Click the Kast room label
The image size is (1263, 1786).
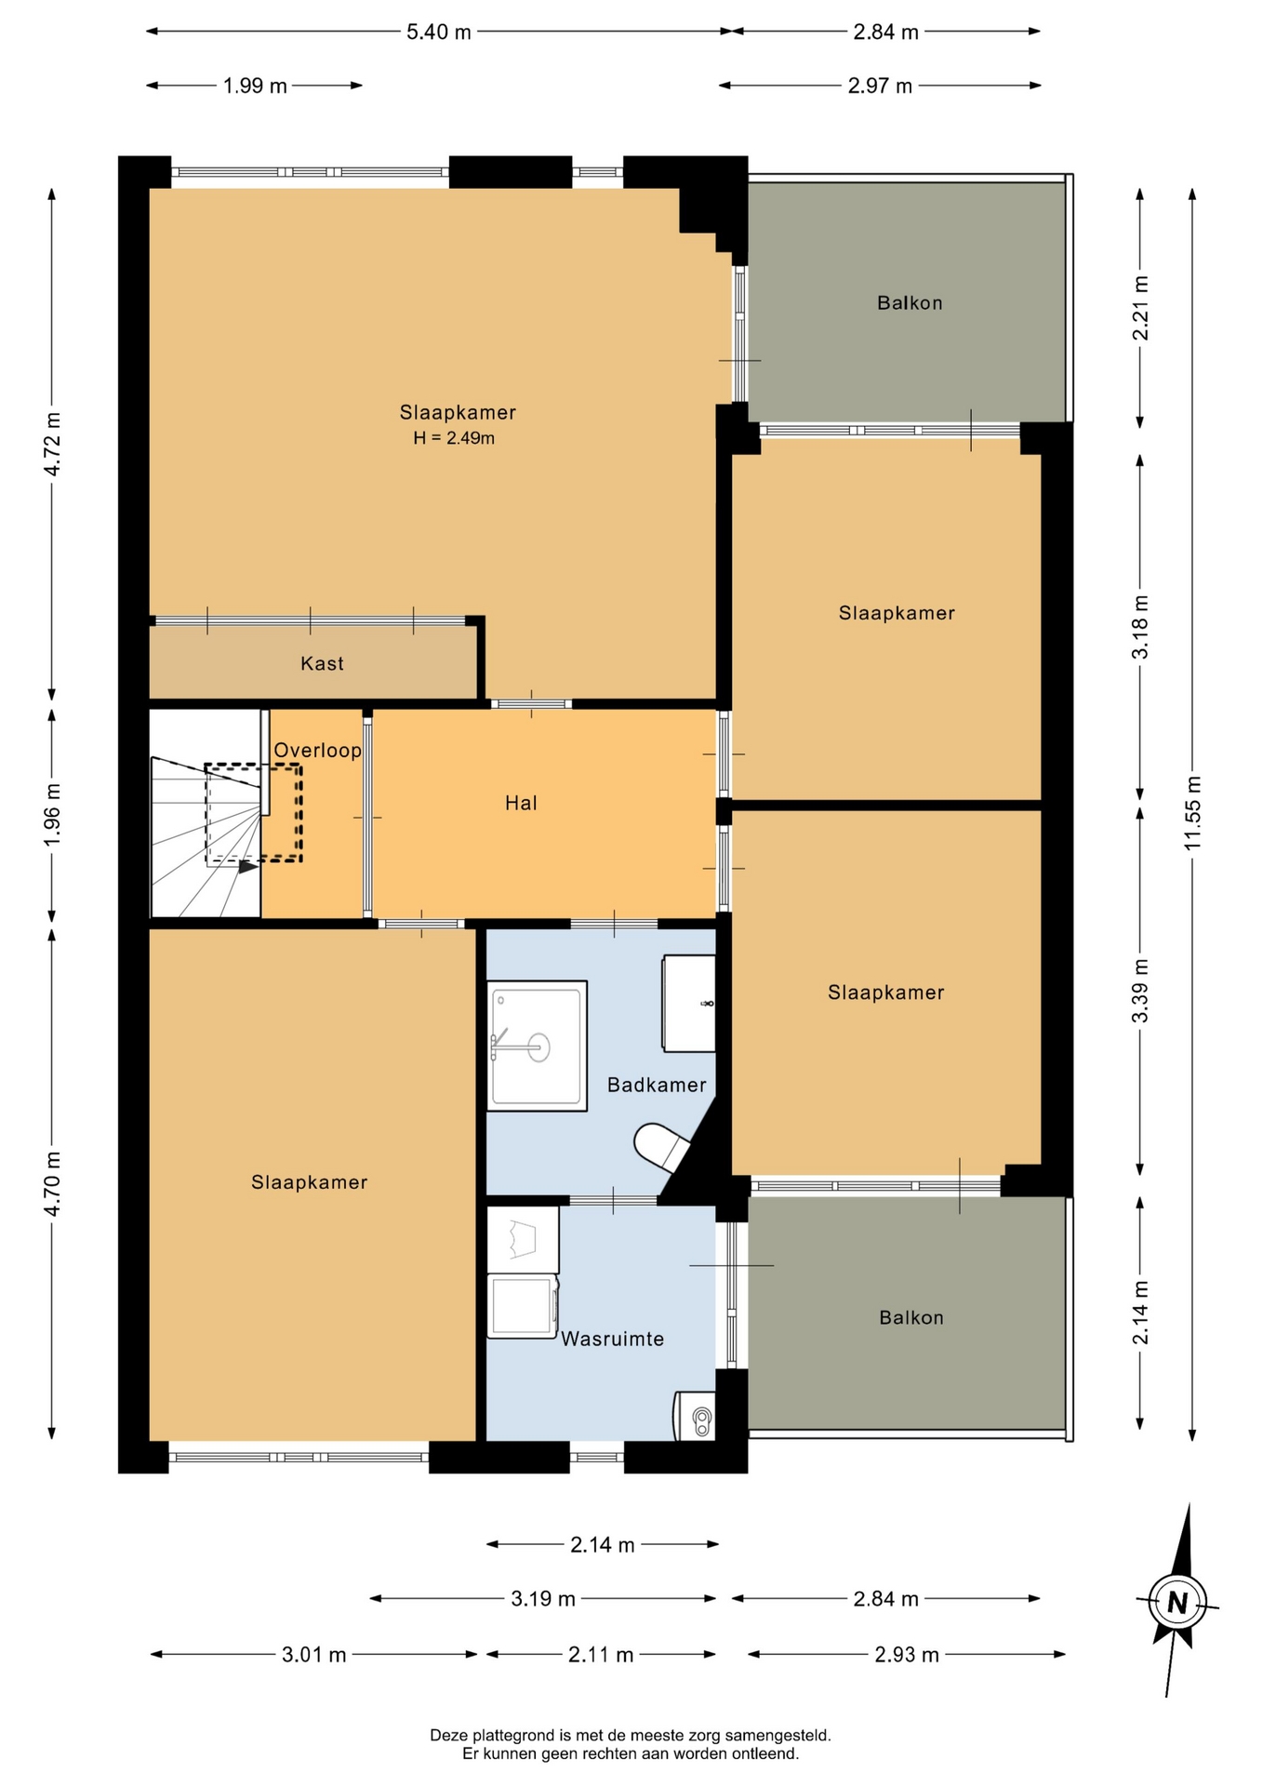pyautogui.click(x=322, y=663)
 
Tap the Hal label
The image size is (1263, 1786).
pyautogui.click(x=521, y=803)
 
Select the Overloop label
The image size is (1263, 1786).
pyautogui.click(x=317, y=750)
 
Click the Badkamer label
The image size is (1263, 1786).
pyautogui.click(x=657, y=1085)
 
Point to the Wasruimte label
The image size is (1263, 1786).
pyautogui.click(x=612, y=1339)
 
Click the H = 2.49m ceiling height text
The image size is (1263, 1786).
pyautogui.click(x=454, y=438)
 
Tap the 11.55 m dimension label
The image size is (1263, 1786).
pyautogui.click(x=1192, y=813)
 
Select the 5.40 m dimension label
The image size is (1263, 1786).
pyautogui.click(x=439, y=32)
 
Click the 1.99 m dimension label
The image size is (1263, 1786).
pyautogui.click(x=255, y=86)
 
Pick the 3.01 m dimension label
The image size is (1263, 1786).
pyautogui.click(x=314, y=1654)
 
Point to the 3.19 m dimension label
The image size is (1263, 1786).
pyautogui.click(x=543, y=1598)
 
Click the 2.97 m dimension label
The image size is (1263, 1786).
pyautogui.click(x=880, y=86)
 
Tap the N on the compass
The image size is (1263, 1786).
pyautogui.click(x=1177, y=1603)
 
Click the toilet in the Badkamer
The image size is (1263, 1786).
pyautogui.click(x=662, y=1147)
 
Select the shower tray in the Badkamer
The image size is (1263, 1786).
pyautogui.click(x=537, y=1046)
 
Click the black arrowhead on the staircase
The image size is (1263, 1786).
pyautogui.click(x=248, y=867)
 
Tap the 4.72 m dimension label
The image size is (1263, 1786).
pyautogui.click(x=53, y=444)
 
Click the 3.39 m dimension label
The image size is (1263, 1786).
pyautogui.click(x=1140, y=991)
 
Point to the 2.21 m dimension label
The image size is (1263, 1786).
pyautogui.click(x=1140, y=308)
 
